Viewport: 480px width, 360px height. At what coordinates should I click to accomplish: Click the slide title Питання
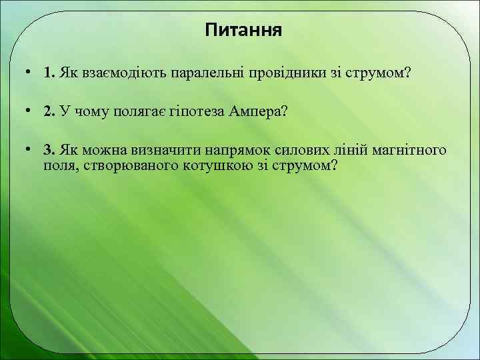[243, 31]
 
